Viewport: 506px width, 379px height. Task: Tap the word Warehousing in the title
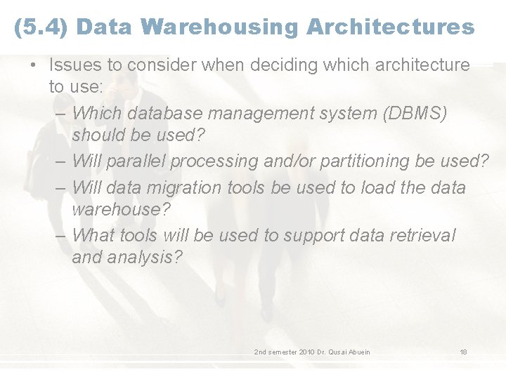(219, 27)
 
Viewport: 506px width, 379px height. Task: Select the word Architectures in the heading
(390, 27)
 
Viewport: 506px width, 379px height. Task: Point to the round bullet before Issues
(33, 65)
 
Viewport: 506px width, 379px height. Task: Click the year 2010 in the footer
(307, 352)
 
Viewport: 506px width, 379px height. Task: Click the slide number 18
(463, 352)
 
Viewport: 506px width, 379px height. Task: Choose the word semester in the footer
(282, 352)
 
